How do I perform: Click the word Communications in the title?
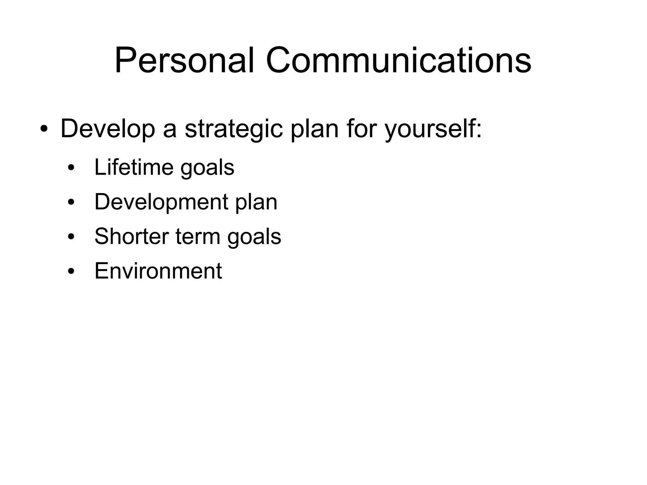[x=398, y=61]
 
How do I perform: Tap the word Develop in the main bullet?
[x=107, y=129]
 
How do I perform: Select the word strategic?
[x=233, y=129]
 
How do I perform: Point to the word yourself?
[x=433, y=129]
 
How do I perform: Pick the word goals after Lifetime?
[x=207, y=168]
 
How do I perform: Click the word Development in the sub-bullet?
[x=161, y=202]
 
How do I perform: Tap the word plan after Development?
[x=256, y=202]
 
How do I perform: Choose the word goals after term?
[x=254, y=237]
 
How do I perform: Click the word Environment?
[x=158, y=271]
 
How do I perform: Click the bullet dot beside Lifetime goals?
[x=71, y=168]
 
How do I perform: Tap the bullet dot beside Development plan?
[x=71, y=202]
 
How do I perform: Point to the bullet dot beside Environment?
[x=71, y=271]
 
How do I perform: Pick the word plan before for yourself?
[x=314, y=129]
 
